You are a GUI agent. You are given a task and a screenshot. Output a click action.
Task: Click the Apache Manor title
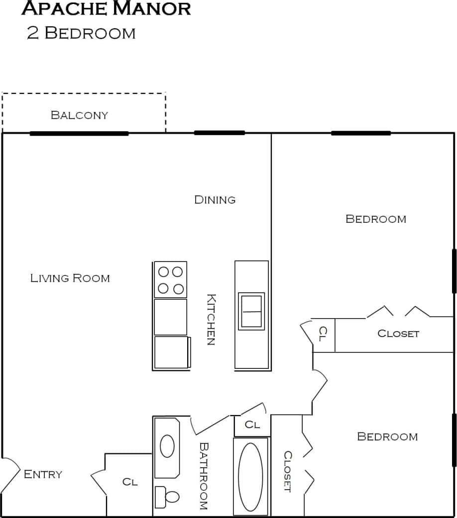pyautogui.click(x=106, y=8)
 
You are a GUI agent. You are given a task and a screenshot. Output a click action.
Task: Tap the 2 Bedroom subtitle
pyautogui.click(x=81, y=33)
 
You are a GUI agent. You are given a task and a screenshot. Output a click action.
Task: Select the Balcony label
pyautogui.click(x=79, y=115)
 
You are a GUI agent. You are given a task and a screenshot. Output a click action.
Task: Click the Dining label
pyautogui.click(x=215, y=200)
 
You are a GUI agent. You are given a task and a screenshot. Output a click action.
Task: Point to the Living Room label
pyautogui.click(x=70, y=278)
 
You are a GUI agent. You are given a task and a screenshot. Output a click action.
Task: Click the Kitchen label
pyautogui.click(x=211, y=320)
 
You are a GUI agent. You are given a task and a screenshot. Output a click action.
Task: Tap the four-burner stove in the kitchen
pyautogui.click(x=170, y=280)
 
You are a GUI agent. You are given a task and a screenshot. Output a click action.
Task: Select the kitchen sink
pyautogui.click(x=251, y=311)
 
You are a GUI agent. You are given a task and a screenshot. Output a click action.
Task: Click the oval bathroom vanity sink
pyautogui.click(x=167, y=446)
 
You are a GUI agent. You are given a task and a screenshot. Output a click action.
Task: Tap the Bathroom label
pyautogui.click(x=203, y=476)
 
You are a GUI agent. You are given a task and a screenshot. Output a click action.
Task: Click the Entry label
pyautogui.click(x=43, y=474)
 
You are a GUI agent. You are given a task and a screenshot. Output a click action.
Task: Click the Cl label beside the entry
pyautogui.click(x=130, y=482)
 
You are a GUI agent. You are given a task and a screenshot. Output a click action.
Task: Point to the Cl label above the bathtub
pyautogui.click(x=252, y=425)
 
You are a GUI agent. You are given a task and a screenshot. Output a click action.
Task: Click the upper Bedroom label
pyautogui.click(x=376, y=219)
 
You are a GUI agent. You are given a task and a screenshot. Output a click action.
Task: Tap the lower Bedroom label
pyautogui.click(x=387, y=436)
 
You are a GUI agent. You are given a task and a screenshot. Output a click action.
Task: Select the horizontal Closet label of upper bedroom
pyautogui.click(x=398, y=334)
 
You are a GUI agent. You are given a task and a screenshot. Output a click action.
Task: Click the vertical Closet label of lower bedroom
pyautogui.click(x=287, y=471)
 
